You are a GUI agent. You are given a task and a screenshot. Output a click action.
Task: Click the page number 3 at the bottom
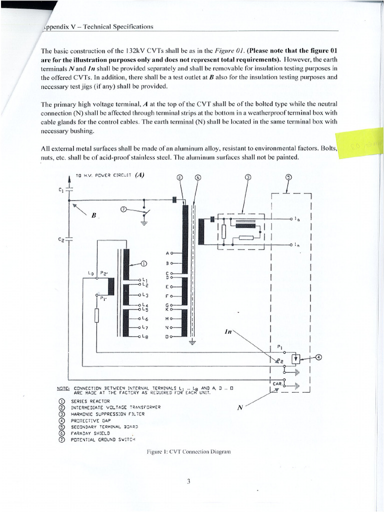[x=189, y=482]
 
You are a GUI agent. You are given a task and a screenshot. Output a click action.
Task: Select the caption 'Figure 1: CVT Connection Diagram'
[x=188, y=451]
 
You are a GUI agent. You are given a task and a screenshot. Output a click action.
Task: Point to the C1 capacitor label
[x=60, y=189]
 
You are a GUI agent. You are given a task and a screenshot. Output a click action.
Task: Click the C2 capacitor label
[x=61, y=239]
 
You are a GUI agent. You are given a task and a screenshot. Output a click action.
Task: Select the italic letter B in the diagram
[x=93, y=215]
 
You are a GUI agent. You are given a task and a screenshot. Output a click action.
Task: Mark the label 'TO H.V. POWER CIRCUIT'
[x=103, y=175]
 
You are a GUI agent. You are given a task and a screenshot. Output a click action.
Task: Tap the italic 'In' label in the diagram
[x=229, y=332]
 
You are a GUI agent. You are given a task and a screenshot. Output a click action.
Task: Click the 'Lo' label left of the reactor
[x=90, y=273]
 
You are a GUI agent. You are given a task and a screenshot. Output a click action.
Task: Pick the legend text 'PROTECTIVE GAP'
[x=91, y=420]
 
